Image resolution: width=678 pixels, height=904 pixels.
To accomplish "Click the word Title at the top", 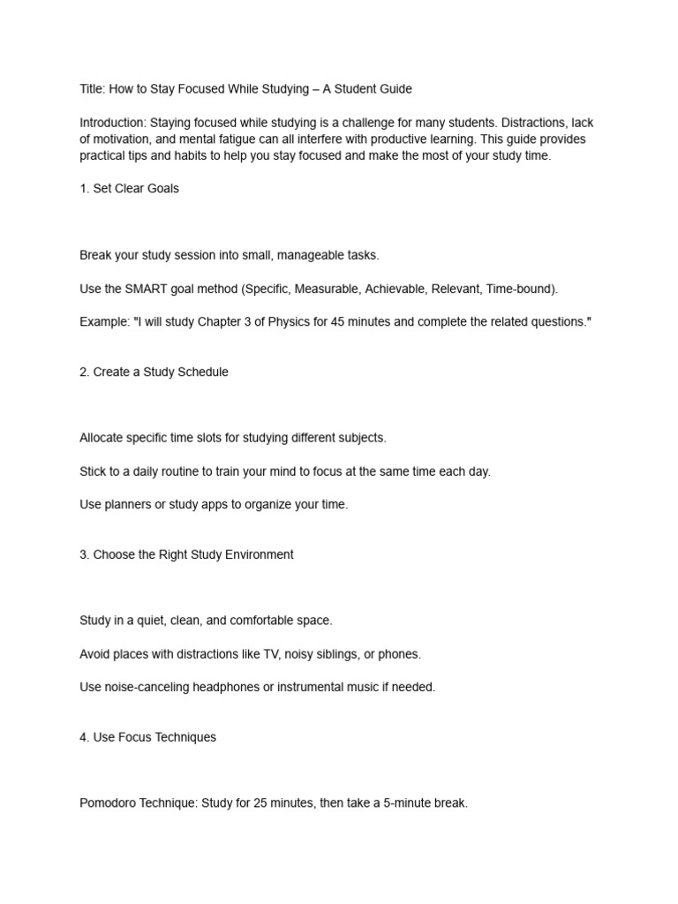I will pyautogui.click(x=92, y=89).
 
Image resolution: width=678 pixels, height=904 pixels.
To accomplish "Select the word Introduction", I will pyautogui.click(x=112, y=123).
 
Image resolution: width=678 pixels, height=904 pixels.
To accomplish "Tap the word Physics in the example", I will pyautogui.click(x=280, y=322).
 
